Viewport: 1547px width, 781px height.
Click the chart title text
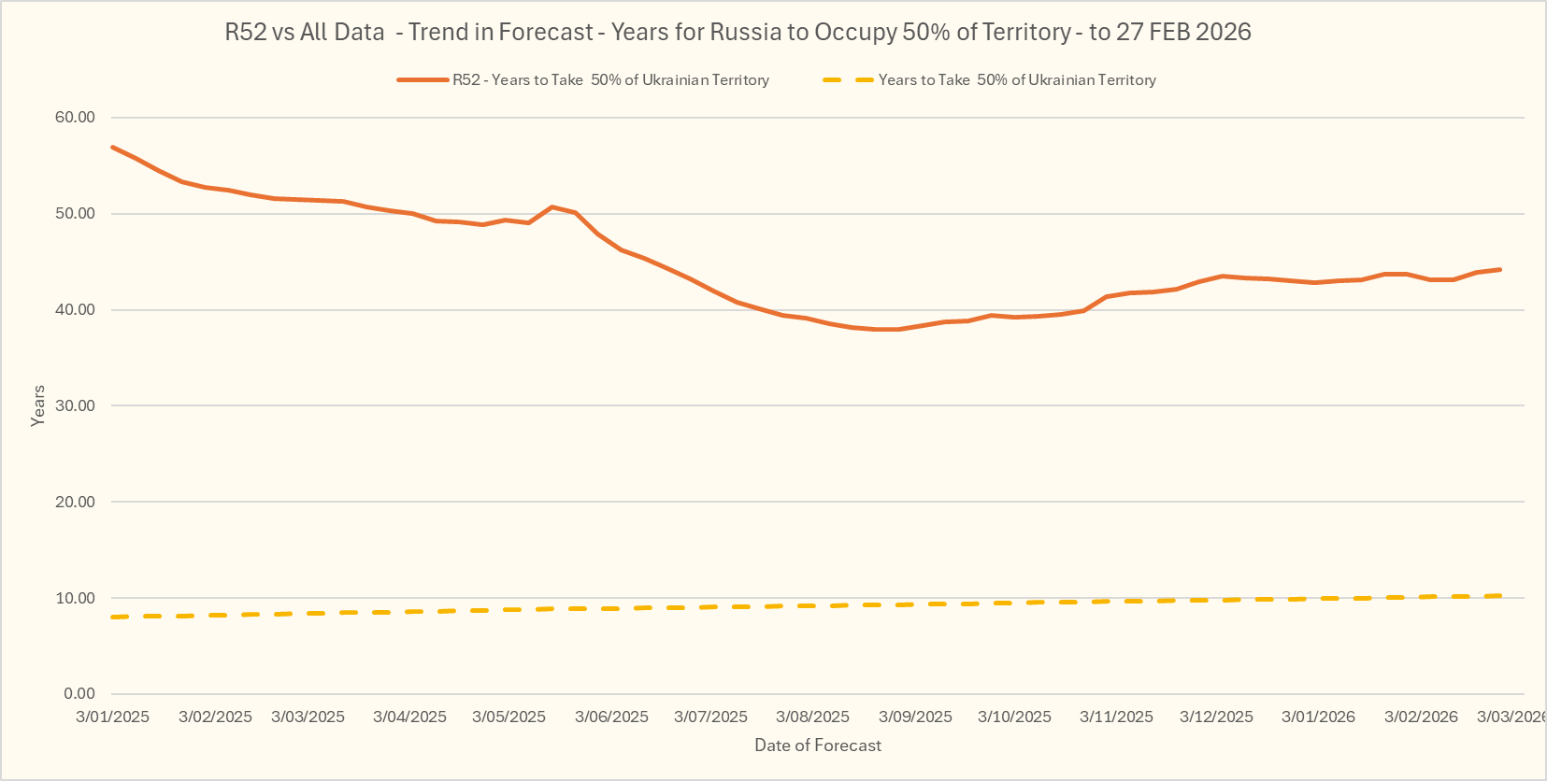[x=738, y=32]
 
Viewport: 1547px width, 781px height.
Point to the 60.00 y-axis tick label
[x=75, y=117]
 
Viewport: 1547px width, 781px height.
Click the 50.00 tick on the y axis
[x=75, y=213]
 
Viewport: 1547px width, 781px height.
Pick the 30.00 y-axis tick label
[x=75, y=405]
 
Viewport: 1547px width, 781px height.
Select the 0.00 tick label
[x=79, y=693]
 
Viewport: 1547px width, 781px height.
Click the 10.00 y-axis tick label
[x=75, y=598]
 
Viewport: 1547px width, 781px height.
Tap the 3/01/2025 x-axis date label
[x=112, y=717]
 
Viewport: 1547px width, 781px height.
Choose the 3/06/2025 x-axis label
[x=611, y=717]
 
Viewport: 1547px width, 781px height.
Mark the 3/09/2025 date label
[x=915, y=717]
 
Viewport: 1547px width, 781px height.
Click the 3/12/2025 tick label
[x=1216, y=717]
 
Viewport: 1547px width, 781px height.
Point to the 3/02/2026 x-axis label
[x=1421, y=717]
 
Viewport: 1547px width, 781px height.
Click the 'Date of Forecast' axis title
[x=818, y=745]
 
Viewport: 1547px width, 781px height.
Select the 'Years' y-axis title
[x=38, y=405]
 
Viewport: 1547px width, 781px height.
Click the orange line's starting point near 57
[x=112, y=147]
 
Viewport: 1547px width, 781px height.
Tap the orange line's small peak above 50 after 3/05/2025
[x=551, y=206]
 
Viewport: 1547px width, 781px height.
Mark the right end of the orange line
[x=1500, y=270]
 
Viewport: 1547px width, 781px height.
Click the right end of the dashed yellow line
[x=1499, y=595]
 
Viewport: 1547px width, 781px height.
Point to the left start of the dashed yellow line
[x=113, y=617]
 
